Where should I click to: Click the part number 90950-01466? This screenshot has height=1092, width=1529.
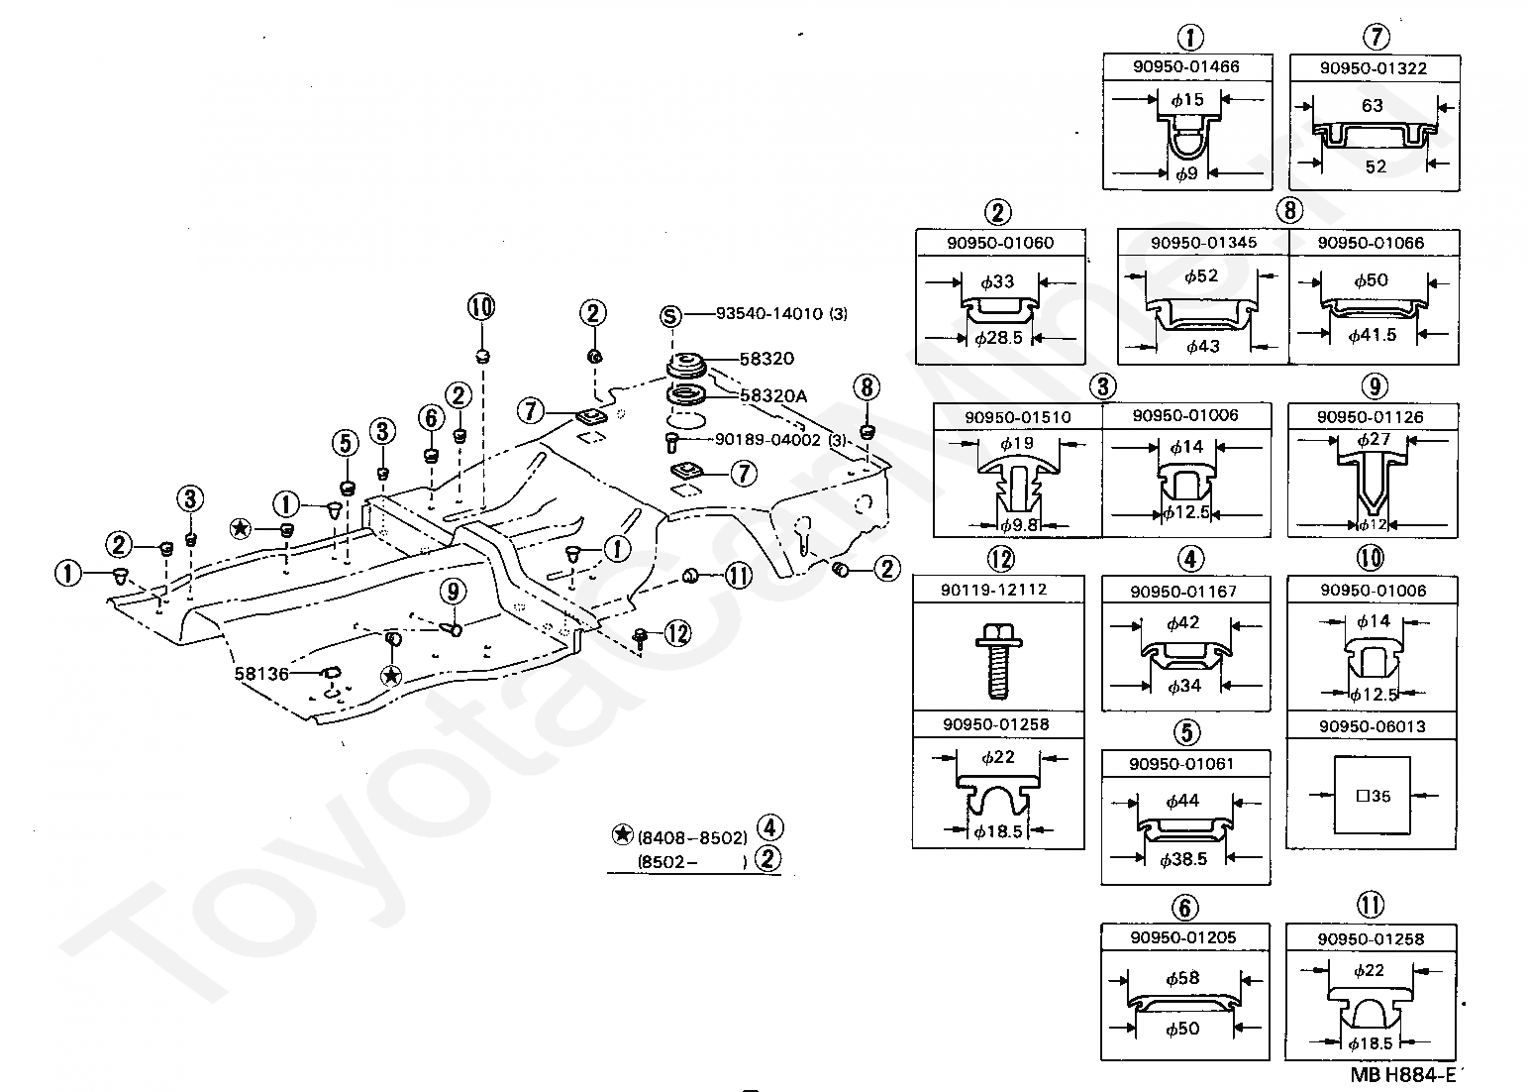[1186, 67]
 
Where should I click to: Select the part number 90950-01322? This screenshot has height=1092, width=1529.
[1374, 68]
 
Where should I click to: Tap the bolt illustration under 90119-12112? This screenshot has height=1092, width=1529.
[998, 659]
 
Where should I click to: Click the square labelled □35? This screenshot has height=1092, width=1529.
[1372, 795]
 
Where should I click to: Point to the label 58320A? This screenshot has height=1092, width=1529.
[773, 396]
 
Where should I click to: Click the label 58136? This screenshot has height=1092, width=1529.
[261, 674]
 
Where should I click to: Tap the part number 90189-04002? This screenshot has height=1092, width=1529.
[767, 440]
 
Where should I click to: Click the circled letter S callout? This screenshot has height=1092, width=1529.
[671, 315]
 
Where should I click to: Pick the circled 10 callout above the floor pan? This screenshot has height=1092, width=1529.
[481, 306]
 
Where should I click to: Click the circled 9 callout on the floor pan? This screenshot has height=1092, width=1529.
[454, 592]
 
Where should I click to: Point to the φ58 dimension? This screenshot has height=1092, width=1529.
[1183, 978]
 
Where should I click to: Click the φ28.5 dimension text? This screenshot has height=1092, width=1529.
[998, 337]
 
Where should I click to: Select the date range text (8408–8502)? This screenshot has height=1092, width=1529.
[692, 837]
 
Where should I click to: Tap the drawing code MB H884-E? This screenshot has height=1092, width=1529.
[1403, 1075]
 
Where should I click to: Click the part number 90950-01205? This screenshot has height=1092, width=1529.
[1183, 937]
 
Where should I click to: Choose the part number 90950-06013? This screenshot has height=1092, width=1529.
[1372, 726]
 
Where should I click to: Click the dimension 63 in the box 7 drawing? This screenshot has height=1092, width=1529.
[1372, 105]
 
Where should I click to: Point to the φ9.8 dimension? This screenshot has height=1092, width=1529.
[1019, 525]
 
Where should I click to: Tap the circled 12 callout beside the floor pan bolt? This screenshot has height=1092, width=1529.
[677, 634]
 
